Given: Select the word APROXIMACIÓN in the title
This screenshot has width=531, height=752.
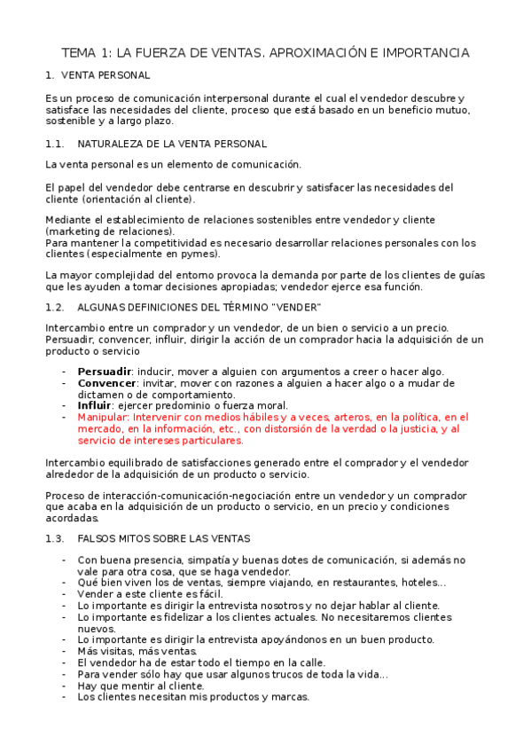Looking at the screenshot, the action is (311, 53).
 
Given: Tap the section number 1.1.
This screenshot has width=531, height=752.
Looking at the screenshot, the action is (54, 143).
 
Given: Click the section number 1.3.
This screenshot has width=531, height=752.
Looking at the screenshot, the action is (54, 538).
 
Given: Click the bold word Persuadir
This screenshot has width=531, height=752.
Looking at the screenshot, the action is (105, 371).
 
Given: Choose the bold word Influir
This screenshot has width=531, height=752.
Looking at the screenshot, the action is (94, 404).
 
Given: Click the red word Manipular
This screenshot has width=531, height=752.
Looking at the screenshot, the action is (103, 416).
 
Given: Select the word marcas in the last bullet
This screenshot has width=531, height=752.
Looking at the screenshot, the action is (290, 696).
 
